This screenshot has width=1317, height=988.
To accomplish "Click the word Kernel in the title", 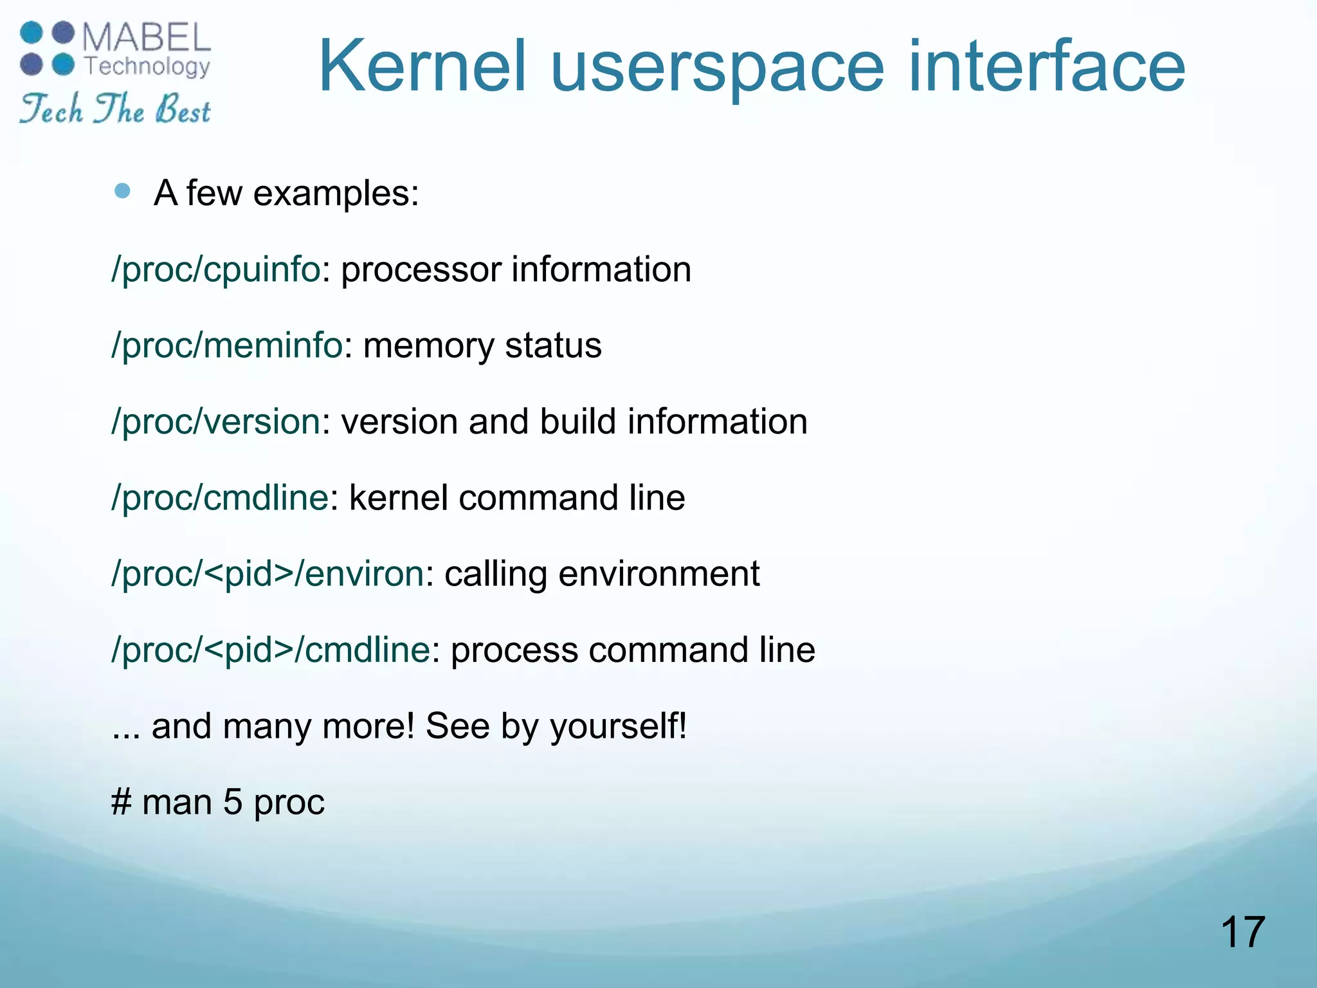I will pyautogui.click(x=422, y=66).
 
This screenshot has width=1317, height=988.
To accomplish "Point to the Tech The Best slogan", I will pyautogui.click(x=114, y=109).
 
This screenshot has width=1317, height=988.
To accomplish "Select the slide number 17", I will pyautogui.click(x=1242, y=933).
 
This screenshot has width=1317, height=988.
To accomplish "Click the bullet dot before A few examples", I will pyautogui.click(x=122, y=191).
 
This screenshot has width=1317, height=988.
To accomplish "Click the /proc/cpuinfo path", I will pyautogui.click(x=215, y=270).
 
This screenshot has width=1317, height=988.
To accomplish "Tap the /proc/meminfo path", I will pyautogui.click(x=226, y=346).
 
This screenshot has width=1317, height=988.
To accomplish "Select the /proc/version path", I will pyautogui.click(x=215, y=422).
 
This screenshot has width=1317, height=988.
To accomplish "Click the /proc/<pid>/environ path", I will pyautogui.click(x=268, y=574).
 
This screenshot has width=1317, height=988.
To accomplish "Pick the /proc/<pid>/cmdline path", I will pyautogui.click(x=270, y=650).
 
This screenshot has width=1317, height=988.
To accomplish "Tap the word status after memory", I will pyautogui.click(x=553, y=346).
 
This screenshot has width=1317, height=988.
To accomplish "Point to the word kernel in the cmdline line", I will pyautogui.click(x=398, y=498).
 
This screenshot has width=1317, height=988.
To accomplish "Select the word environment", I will pyautogui.click(x=658, y=574).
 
